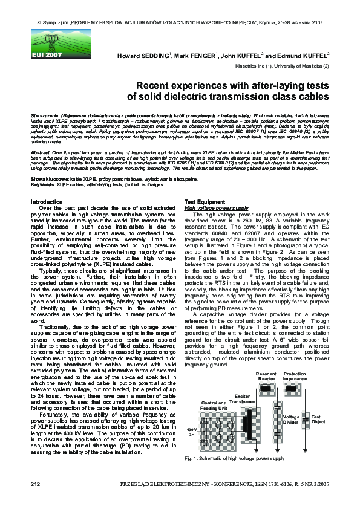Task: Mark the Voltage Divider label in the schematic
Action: pyautogui.click(x=291, y=420)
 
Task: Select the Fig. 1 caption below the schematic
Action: pyautogui.click(x=234, y=459)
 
